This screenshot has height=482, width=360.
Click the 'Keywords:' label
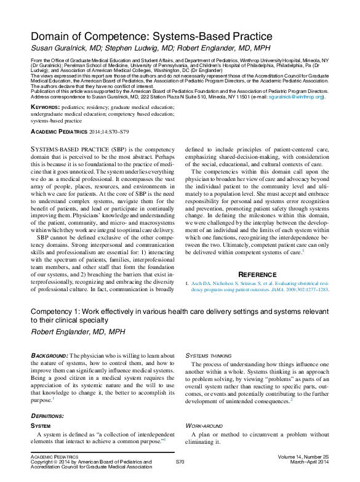(x=46, y=107)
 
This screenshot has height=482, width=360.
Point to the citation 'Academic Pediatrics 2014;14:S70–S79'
(x=79, y=132)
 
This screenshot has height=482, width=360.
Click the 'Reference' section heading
(x=257, y=274)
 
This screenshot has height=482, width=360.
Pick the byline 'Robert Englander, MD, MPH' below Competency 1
(x=78, y=331)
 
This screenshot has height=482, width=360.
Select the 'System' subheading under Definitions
(x=41, y=425)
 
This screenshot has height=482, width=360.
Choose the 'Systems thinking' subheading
(x=209, y=356)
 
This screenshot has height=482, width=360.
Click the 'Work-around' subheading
(x=205, y=425)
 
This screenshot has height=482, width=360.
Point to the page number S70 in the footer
(x=180, y=461)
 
